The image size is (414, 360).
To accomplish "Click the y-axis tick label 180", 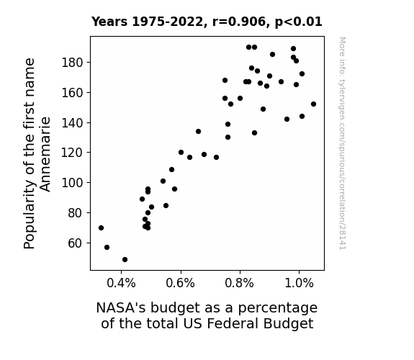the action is click(x=72, y=63).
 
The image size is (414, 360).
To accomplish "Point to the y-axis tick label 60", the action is click(x=76, y=243).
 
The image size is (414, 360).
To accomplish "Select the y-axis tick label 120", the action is click(x=72, y=153).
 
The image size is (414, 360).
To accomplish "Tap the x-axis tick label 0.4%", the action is click(x=121, y=284).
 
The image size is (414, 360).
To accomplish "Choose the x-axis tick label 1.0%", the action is click(x=299, y=284).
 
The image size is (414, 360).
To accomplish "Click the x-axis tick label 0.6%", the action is click(x=180, y=284).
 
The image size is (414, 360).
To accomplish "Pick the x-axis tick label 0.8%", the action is click(x=240, y=284).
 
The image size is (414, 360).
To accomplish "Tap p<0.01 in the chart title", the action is click(x=299, y=22).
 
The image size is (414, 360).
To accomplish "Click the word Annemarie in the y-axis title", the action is click(x=45, y=154).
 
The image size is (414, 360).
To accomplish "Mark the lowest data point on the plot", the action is click(x=125, y=260).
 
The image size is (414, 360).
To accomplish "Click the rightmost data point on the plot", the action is click(x=313, y=104).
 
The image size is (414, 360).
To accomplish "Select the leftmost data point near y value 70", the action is click(x=101, y=228).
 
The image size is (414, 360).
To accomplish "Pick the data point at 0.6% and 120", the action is click(x=181, y=153).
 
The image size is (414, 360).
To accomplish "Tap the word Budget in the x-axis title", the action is click(x=288, y=324).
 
